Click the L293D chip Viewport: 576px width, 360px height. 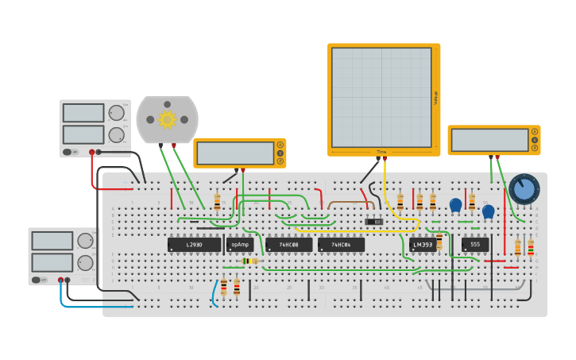click(194, 245)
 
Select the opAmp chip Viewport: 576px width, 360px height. click(239, 245)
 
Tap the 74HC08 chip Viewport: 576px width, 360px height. click(288, 245)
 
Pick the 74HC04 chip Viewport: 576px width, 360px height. click(341, 245)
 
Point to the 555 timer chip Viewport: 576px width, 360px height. click(475, 245)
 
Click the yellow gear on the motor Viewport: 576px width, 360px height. click(167, 119)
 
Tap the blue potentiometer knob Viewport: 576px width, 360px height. click(524, 189)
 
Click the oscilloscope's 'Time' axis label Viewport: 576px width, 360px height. click(381, 151)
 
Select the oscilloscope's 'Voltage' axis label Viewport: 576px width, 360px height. click(435, 97)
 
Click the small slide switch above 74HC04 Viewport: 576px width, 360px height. click(373, 221)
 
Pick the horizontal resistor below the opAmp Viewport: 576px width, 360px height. click(249, 261)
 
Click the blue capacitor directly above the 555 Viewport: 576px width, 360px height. click(488, 211)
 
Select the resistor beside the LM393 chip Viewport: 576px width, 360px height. click(439, 241)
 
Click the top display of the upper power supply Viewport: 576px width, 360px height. click(83, 113)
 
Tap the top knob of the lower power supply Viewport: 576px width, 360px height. click(85, 241)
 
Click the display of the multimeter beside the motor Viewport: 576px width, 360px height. click(234, 153)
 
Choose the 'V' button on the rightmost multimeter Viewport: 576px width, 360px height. click(535, 140)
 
